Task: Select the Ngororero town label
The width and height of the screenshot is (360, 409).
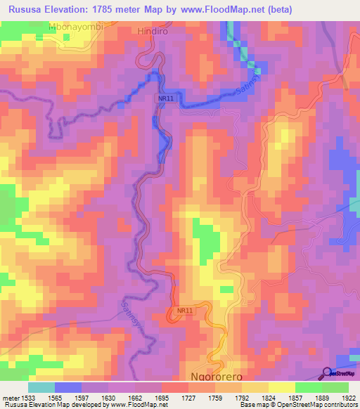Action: coord(217,377)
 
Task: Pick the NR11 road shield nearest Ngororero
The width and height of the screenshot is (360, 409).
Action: coord(184,309)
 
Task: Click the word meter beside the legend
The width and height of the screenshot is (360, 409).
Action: coord(11,398)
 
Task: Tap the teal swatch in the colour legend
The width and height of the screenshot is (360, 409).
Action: coord(41,387)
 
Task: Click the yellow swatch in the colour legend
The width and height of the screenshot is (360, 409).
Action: coord(281,387)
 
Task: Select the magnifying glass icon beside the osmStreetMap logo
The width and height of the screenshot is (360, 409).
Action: coord(327,373)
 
